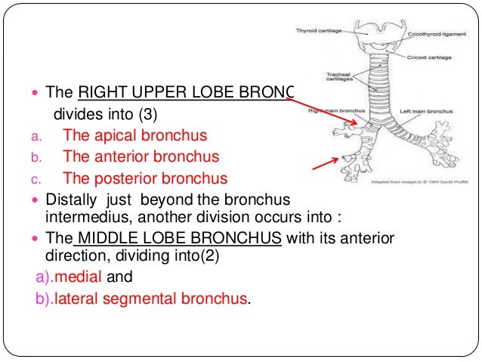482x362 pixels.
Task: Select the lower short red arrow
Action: (x=323, y=163)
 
